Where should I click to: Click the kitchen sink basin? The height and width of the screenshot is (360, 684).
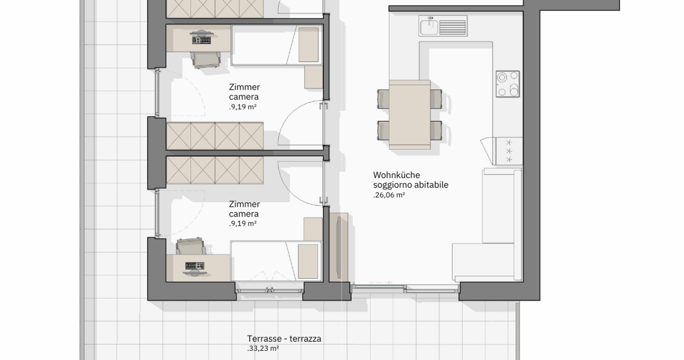pyautogui.click(x=429, y=27)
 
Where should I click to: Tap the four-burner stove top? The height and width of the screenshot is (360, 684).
pyautogui.click(x=507, y=84)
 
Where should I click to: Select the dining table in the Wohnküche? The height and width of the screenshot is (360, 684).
pyautogui.click(x=410, y=115)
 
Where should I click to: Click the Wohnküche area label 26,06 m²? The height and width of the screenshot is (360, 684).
pyautogui.click(x=389, y=195)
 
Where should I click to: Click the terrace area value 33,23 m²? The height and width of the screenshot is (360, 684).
pyautogui.click(x=263, y=348)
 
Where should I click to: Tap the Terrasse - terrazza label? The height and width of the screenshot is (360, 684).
pyautogui.click(x=284, y=339)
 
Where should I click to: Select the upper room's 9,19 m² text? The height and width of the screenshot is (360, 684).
pyautogui.click(x=243, y=107)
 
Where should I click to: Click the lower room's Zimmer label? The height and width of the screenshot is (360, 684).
pyautogui.click(x=245, y=204)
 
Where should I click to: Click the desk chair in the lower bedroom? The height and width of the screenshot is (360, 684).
pyautogui.click(x=191, y=246)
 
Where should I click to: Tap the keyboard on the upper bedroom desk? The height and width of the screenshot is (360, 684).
pyautogui.click(x=202, y=40)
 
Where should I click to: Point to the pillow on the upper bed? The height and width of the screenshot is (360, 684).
pyautogui.click(x=308, y=45)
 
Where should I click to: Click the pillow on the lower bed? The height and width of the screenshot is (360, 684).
pyautogui.click(x=308, y=261)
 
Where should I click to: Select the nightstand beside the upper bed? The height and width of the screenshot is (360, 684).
pyautogui.click(x=313, y=77)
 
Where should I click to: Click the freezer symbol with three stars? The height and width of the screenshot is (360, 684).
pyautogui.click(x=509, y=151)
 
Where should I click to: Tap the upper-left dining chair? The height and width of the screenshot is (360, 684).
pyautogui.click(x=383, y=99)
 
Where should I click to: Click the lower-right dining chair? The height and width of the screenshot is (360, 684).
pyautogui.click(x=436, y=130)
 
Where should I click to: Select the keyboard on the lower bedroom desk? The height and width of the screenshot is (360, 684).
pyautogui.click(x=195, y=266)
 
